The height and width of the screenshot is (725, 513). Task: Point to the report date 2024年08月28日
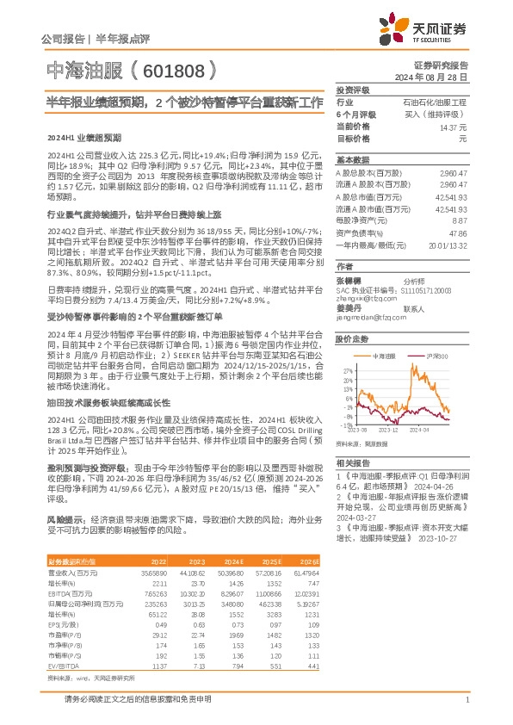coord(436,77)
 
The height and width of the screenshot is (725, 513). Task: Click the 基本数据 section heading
coord(352,160)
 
